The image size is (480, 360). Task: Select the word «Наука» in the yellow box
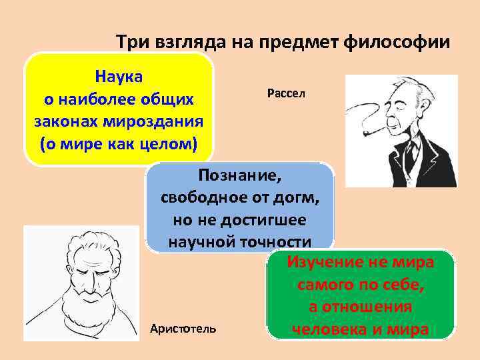(119, 75)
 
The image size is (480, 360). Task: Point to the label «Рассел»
(285, 94)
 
